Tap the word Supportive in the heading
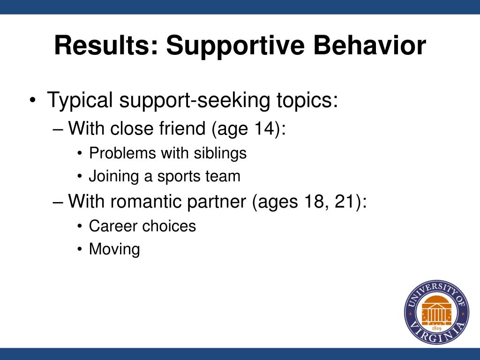235,46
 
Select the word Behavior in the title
369,45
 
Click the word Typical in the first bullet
80,100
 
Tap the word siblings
220,153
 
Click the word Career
112,226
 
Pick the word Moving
114,249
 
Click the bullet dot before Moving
80,249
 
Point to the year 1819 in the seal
436,329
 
